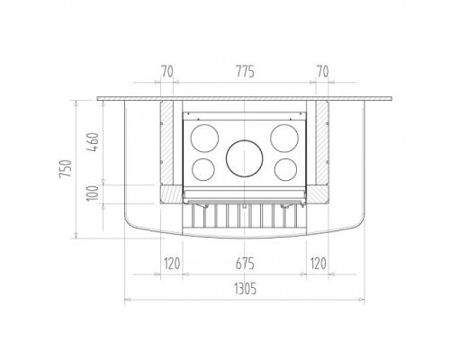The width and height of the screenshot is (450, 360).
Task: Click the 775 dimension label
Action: pyautogui.click(x=245, y=72)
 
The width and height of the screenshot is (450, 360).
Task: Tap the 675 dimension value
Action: pyautogui.click(x=245, y=264)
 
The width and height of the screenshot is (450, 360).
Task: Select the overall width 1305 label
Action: pyautogui.click(x=245, y=289)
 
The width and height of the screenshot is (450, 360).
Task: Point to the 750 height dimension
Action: pyautogui.click(x=66, y=169)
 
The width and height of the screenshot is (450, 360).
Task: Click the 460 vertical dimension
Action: pyautogui.click(x=94, y=142)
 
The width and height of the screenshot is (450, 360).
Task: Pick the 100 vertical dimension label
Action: pyautogui.click(x=93, y=193)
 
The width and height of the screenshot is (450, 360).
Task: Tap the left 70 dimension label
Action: pyautogui.click(x=167, y=72)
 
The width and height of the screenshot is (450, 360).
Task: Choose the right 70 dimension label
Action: pyautogui.click(x=322, y=72)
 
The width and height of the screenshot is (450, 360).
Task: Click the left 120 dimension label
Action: pyautogui.click(x=172, y=264)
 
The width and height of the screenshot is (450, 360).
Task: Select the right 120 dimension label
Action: pyautogui.click(x=318, y=264)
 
